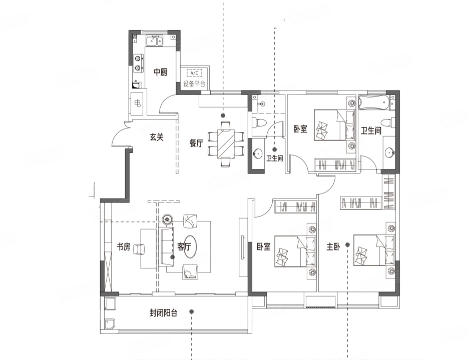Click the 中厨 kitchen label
click(x=160, y=72)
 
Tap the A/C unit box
click(x=194, y=72)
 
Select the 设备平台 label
click(x=194, y=84)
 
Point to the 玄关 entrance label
click(x=157, y=137)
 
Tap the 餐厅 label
click(x=196, y=143)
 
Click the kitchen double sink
click(x=154, y=40)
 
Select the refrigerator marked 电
click(x=138, y=103)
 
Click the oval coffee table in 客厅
click(x=190, y=246)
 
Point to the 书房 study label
click(x=123, y=246)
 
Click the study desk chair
click(x=139, y=249)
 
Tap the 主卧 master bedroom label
click(x=333, y=246)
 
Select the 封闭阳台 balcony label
click(x=164, y=313)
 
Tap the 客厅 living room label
click(x=184, y=246)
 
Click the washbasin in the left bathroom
click(x=257, y=153)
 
